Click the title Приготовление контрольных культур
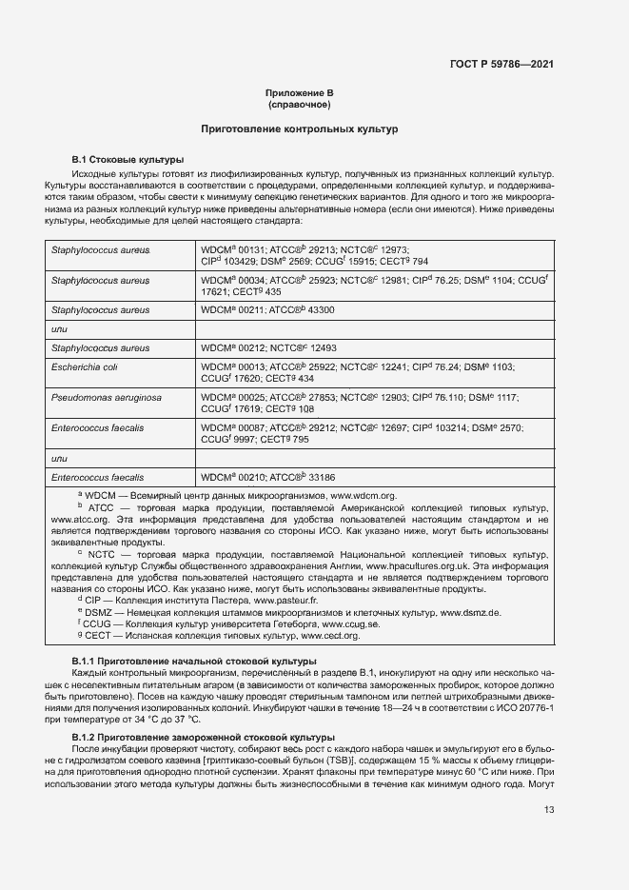point(299,129)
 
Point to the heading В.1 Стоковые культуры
point(128,159)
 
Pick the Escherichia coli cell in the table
point(85,366)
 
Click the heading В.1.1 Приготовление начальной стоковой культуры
point(195,661)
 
